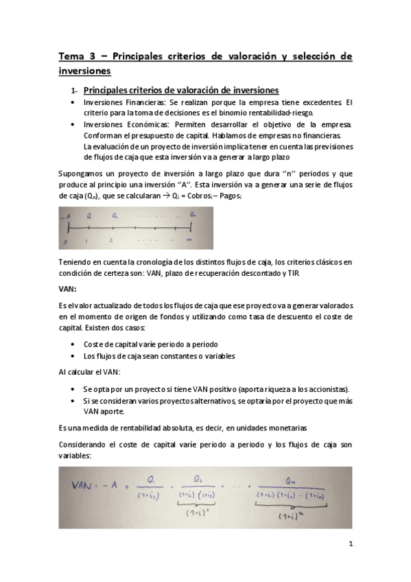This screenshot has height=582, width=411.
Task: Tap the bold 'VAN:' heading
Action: pos(68,290)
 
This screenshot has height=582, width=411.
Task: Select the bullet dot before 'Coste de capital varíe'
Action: pos(73,345)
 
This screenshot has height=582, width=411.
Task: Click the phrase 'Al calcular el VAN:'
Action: pos(90,371)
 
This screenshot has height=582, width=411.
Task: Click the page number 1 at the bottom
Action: pos(350,546)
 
